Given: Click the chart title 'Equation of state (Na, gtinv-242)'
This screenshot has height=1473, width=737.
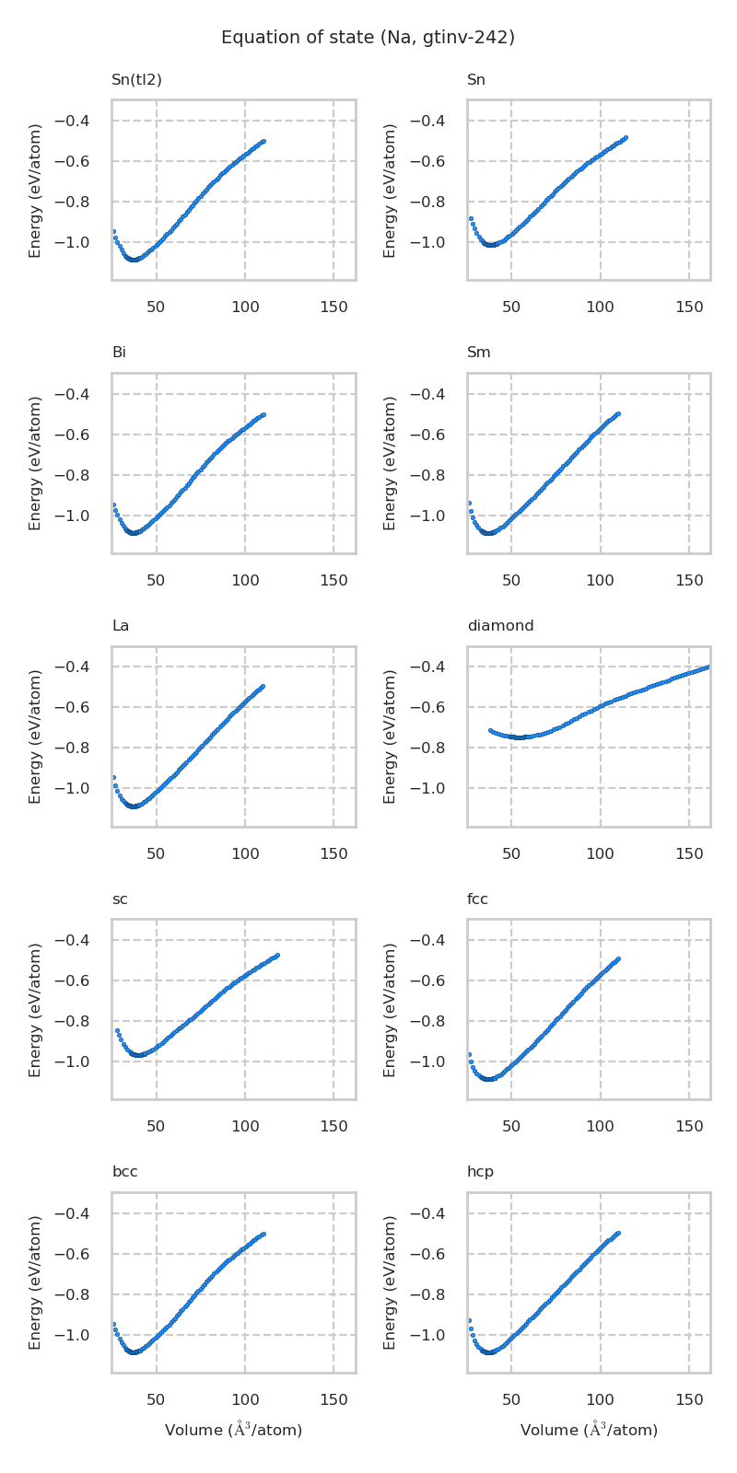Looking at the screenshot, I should [x=368, y=38].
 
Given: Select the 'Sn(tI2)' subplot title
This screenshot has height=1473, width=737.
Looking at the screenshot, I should [x=136, y=80].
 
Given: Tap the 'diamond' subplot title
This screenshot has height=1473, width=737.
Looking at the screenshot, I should [x=500, y=626].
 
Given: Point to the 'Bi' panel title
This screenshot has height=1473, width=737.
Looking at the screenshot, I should [x=119, y=353].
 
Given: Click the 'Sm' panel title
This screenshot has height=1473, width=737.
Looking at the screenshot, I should [x=478, y=353].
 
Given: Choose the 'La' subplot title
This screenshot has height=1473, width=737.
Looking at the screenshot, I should [x=120, y=626].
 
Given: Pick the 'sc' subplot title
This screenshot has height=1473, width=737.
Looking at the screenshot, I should [x=120, y=899].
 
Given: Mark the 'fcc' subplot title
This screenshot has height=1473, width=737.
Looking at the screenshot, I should [x=477, y=899].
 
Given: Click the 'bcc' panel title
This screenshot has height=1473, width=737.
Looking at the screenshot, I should [x=124, y=1172].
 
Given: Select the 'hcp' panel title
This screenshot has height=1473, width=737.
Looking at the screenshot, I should [x=480, y=1172].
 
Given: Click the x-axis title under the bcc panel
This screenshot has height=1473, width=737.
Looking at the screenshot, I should [x=233, y=1430].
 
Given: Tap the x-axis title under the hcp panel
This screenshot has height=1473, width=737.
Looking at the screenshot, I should [x=589, y=1430].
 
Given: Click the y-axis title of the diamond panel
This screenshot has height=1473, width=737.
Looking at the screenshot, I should [x=390, y=736].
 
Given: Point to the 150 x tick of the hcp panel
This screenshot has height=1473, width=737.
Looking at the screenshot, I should [x=689, y=1399].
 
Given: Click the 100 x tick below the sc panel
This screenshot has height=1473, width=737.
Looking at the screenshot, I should [x=245, y=1126].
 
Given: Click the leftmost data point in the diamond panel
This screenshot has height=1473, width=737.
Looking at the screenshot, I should [x=490, y=730].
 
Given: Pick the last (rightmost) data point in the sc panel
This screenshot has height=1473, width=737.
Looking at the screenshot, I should [x=277, y=955].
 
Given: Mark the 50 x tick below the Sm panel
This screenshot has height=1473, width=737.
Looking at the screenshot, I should [x=511, y=580].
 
